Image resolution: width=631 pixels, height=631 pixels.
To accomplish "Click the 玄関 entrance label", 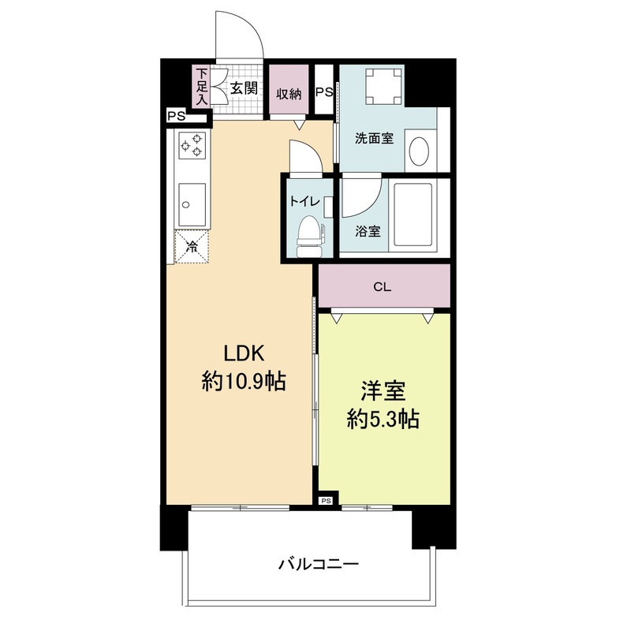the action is pyautogui.click(x=244, y=88).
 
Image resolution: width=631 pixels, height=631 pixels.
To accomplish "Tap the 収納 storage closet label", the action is pyautogui.click(x=289, y=94).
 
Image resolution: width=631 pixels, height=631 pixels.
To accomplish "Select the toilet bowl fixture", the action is pyautogui.click(x=310, y=236).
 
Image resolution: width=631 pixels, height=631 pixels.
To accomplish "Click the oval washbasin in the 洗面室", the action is pyautogui.click(x=419, y=151).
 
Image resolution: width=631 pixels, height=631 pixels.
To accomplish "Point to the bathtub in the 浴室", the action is pyautogui.click(x=413, y=215).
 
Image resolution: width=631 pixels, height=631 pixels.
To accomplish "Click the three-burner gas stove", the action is pyautogui.click(x=192, y=145).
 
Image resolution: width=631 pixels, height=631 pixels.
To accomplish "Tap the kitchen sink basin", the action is pyautogui.click(x=192, y=205).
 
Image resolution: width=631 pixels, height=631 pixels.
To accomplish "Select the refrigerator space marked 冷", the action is pyautogui.click(x=192, y=246).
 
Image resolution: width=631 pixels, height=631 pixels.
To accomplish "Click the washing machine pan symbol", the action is pyautogui.click(x=383, y=87).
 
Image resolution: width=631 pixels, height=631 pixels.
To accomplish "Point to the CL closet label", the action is pyautogui.click(x=382, y=287).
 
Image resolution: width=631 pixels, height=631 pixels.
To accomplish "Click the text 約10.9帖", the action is pyautogui.click(x=244, y=381).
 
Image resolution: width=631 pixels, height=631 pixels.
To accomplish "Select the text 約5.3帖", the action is pyautogui.click(x=383, y=420).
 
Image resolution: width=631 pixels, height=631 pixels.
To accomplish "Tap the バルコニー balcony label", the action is pyautogui.click(x=319, y=564).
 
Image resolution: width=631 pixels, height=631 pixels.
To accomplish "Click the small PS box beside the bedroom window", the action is pyautogui.click(x=327, y=501).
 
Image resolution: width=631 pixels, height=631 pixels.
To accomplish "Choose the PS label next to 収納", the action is pyautogui.click(x=324, y=92).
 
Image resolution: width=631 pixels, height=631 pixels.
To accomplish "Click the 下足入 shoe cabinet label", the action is pyautogui.click(x=202, y=86).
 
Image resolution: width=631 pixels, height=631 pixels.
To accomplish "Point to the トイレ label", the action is pyautogui.click(x=304, y=201).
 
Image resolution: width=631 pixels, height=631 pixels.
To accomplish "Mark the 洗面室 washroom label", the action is pyautogui.click(x=374, y=139).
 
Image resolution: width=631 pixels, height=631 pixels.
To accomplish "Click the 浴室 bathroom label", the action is pyautogui.click(x=368, y=231).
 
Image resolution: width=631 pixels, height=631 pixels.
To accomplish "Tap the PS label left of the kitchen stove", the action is pyautogui.click(x=176, y=117).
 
